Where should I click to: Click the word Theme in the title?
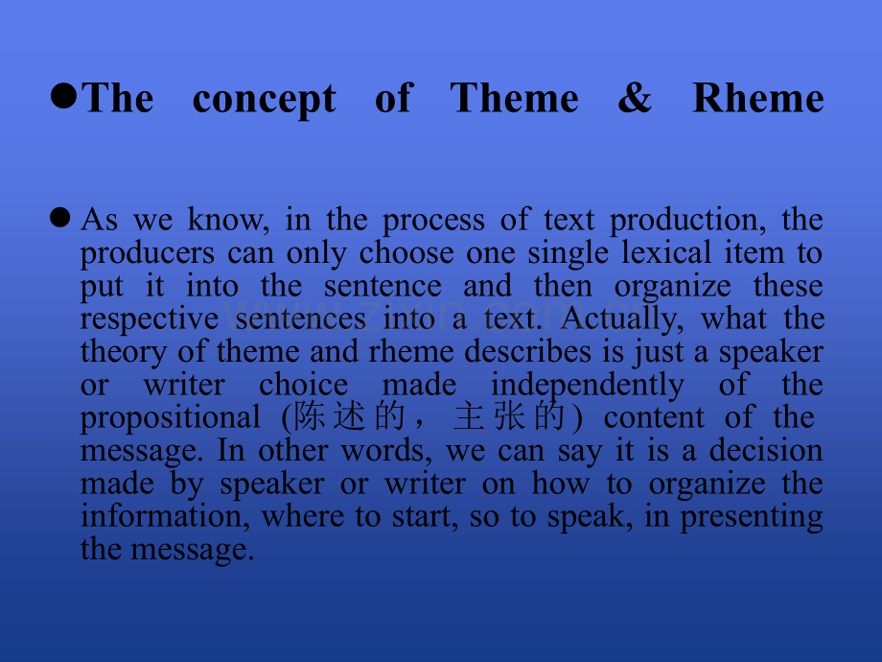point(514,99)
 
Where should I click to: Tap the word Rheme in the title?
point(757,99)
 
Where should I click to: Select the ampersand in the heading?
point(634,99)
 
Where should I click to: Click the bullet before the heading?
point(64,96)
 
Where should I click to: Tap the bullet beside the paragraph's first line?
point(62,219)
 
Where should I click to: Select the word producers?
point(148,254)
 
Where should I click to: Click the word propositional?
point(170,418)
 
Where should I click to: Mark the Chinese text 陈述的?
point(349,417)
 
